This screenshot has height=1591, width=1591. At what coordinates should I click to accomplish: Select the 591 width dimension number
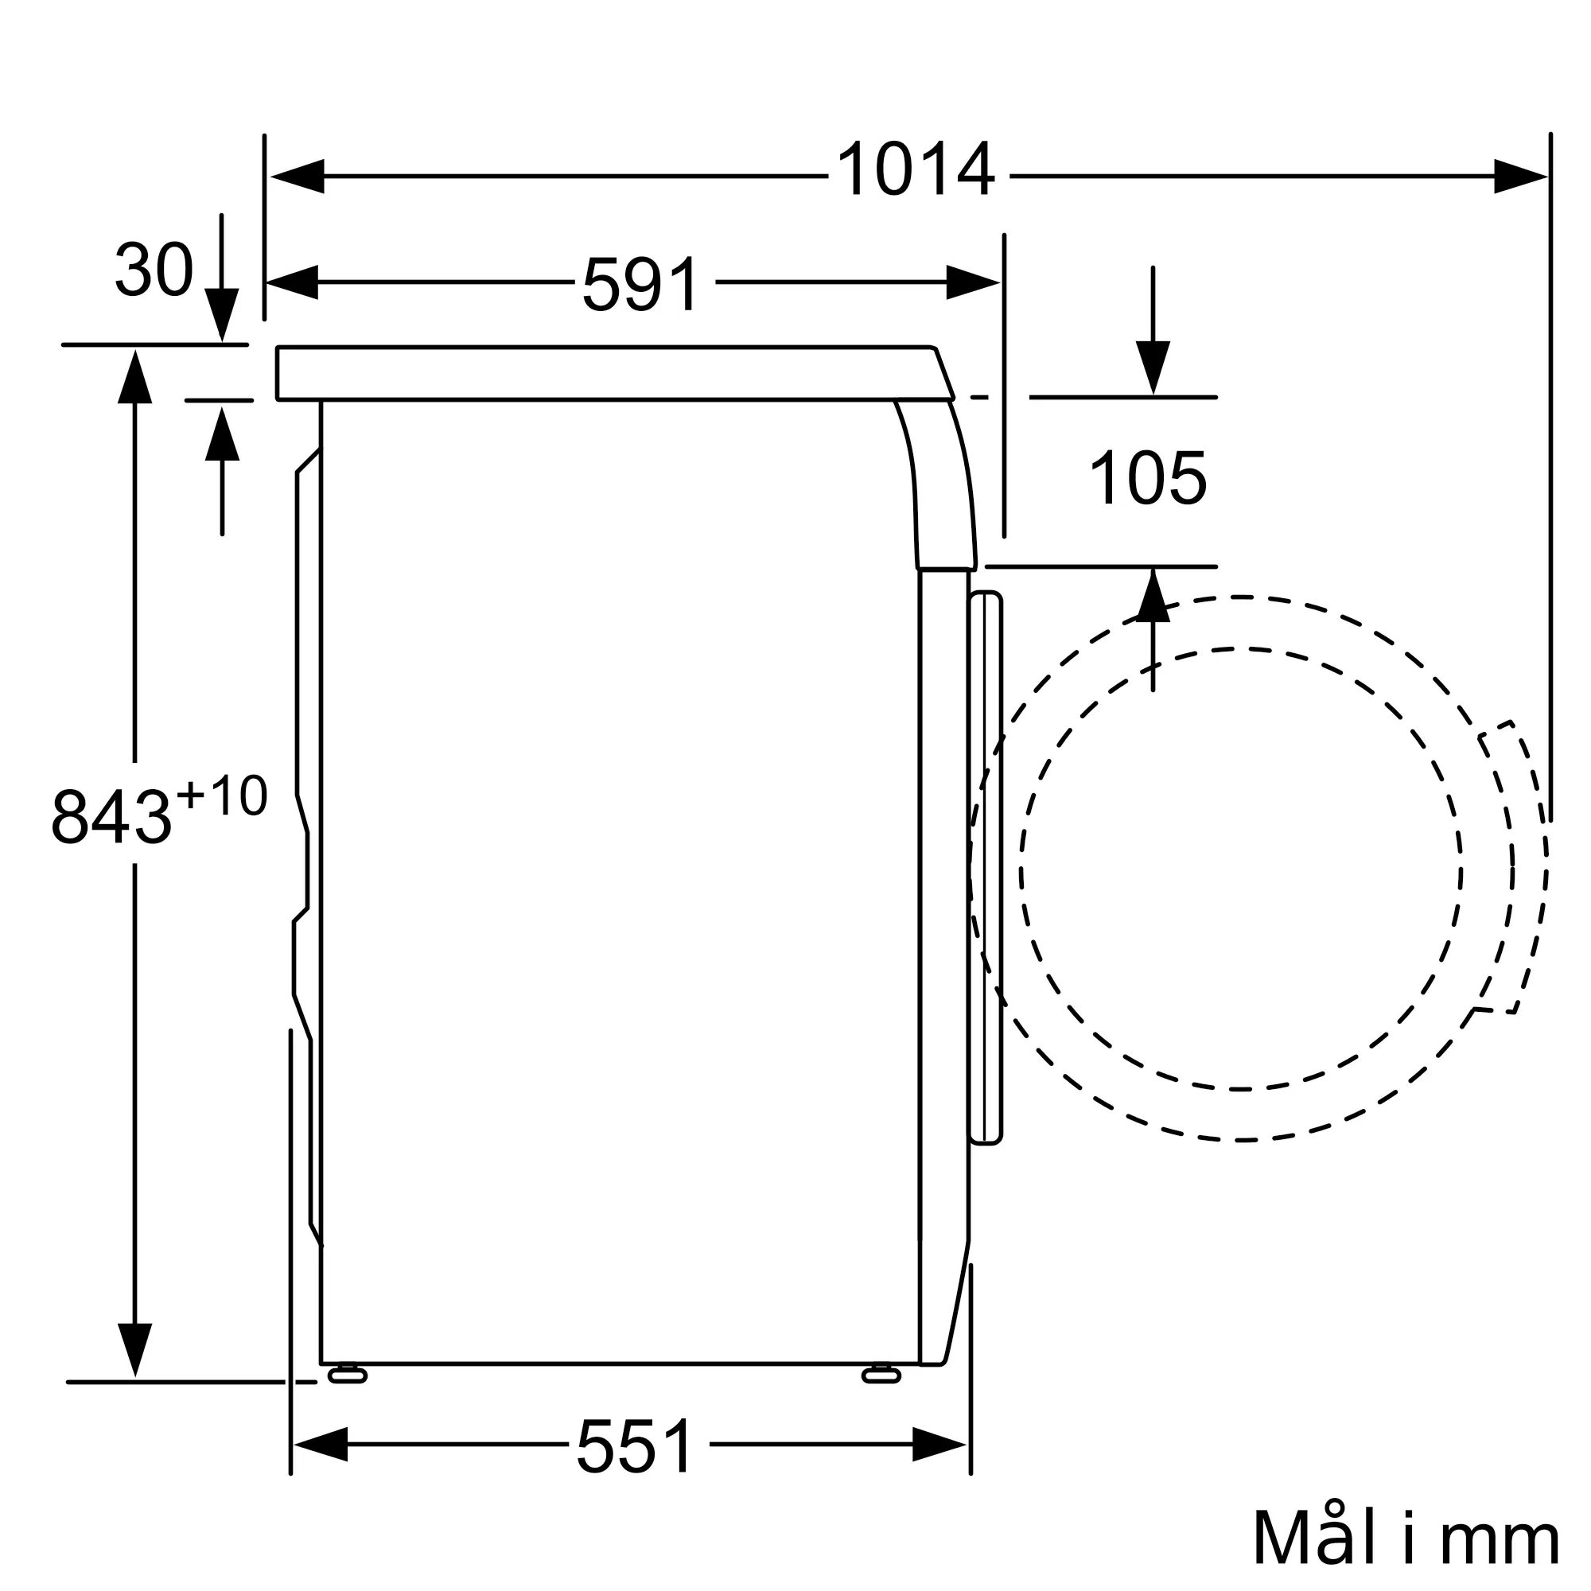click(x=640, y=283)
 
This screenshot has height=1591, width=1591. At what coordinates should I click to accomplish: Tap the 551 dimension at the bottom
click(x=635, y=1445)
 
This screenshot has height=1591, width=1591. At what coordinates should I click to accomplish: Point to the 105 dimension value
click(x=1147, y=477)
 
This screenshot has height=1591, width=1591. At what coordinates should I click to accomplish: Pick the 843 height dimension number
click(x=111, y=816)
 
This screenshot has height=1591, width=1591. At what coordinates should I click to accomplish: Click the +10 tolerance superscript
click(x=223, y=795)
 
